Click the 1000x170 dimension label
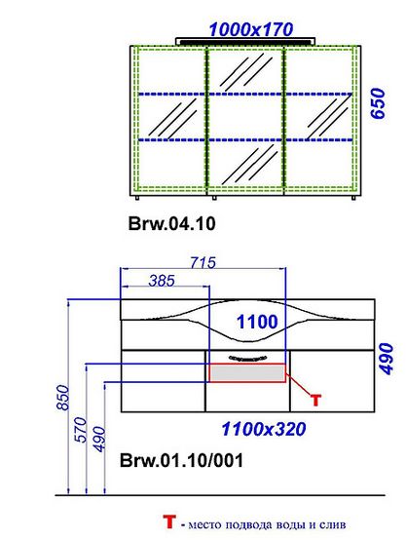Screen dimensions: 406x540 click(x=251, y=29)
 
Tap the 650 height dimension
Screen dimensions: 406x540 click(x=378, y=103)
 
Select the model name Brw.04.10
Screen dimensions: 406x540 click(x=171, y=223)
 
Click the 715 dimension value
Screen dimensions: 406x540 click(x=203, y=263)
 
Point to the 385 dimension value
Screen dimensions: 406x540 click(x=162, y=281)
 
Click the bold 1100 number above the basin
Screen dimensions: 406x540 click(x=257, y=322)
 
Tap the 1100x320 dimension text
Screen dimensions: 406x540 click(x=264, y=429)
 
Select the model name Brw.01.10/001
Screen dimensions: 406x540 click(x=181, y=460)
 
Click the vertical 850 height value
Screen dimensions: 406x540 click(x=63, y=398)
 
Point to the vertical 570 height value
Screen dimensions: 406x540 click(x=81, y=430)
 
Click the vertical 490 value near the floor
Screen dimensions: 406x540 click(x=99, y=439)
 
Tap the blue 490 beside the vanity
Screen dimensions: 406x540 click(x=386, y=359)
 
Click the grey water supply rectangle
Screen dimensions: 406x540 click(x=247, y=373)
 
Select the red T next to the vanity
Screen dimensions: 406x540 click(x=315, y=401)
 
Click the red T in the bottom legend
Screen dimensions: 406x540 click(x=169, y=522)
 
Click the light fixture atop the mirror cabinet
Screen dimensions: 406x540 click(x=245, y=41)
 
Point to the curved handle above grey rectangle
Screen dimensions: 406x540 click(x=247, y=358)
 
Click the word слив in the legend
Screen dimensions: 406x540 click(x=333, y=524)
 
